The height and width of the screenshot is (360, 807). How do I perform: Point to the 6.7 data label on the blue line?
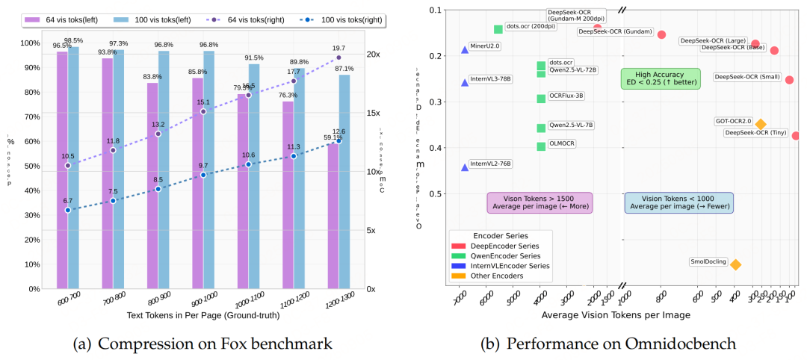[x=68, y=200]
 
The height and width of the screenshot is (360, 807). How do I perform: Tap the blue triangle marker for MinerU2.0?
[x=465, y=49]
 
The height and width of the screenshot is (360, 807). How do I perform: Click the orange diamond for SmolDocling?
[x=735, y=264]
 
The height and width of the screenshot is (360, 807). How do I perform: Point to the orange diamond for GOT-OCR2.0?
[x=761, y=124]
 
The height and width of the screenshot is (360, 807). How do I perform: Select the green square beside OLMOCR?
[x=541, y=146]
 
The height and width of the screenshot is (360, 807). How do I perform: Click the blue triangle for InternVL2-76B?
[x=465, y=167]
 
